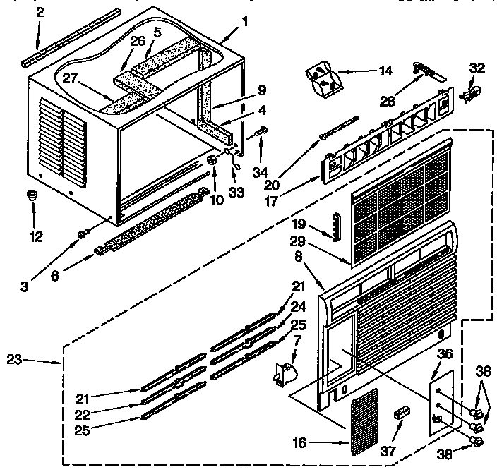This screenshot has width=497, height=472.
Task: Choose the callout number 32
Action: (x=478, y=69)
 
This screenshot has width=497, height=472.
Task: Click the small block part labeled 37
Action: (x=403, y=412)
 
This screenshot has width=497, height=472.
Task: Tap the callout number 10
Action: (x=217, y=200)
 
